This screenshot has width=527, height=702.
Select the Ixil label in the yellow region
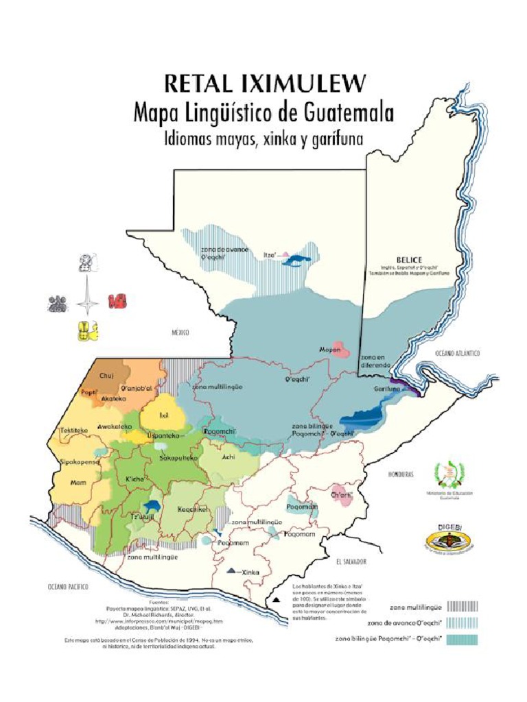point(163,415)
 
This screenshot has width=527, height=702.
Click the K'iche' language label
point(134,479)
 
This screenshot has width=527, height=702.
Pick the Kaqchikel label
point(193,509)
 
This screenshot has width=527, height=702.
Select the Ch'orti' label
point(341,494)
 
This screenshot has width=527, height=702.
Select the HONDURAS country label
point(401,474)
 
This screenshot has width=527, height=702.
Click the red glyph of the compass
point(117,301)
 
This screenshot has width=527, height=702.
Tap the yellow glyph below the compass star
point(88,331)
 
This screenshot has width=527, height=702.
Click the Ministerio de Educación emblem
point(449,475)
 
